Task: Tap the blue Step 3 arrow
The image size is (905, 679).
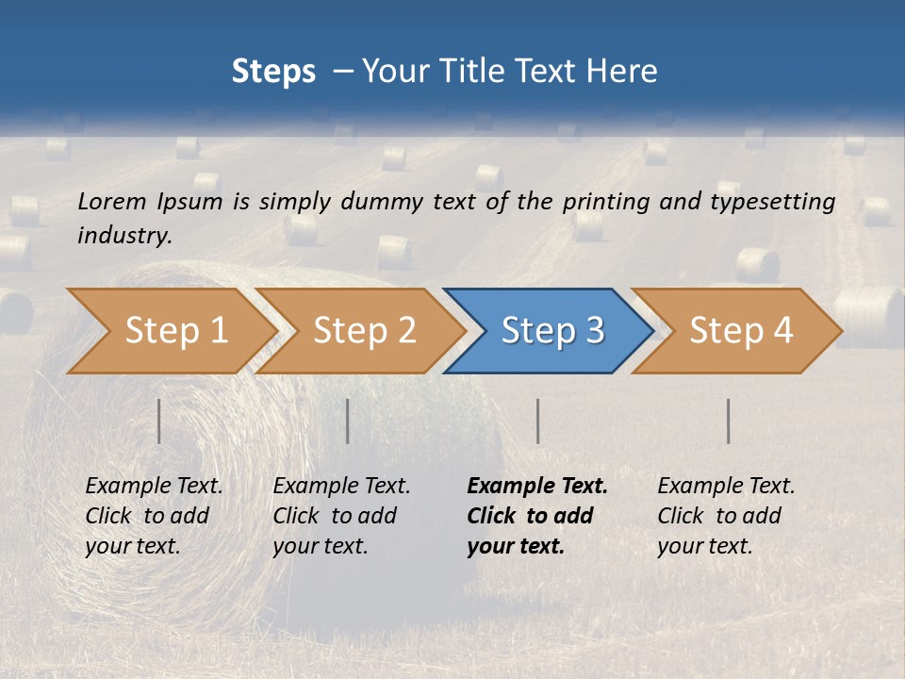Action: tap(552, 331)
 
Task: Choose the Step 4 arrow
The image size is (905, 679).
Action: tap(741, 331)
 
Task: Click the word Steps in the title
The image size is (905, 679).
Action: tap(273, 72)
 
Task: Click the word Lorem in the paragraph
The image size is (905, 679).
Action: tap(111, 201)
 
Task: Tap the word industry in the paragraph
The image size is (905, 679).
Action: tap(124, 235)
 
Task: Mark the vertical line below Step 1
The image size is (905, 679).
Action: tap(159, 421)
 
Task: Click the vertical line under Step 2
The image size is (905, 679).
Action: tap(348, 421)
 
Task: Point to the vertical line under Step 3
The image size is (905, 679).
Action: tap(538, 421)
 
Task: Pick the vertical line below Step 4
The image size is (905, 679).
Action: tap(729, 421)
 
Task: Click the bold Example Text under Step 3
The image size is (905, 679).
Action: tap(537, 487)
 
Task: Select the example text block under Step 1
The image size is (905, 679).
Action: tap(154, 516)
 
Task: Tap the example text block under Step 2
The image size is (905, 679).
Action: tap(341, 516)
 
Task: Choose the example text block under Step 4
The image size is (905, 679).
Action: tap(726, 516)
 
